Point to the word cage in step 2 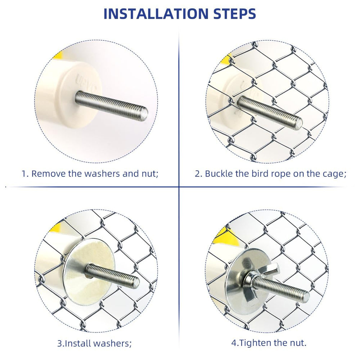(333, 174)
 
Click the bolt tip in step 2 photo (298, 123)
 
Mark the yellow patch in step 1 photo (58, 56)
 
